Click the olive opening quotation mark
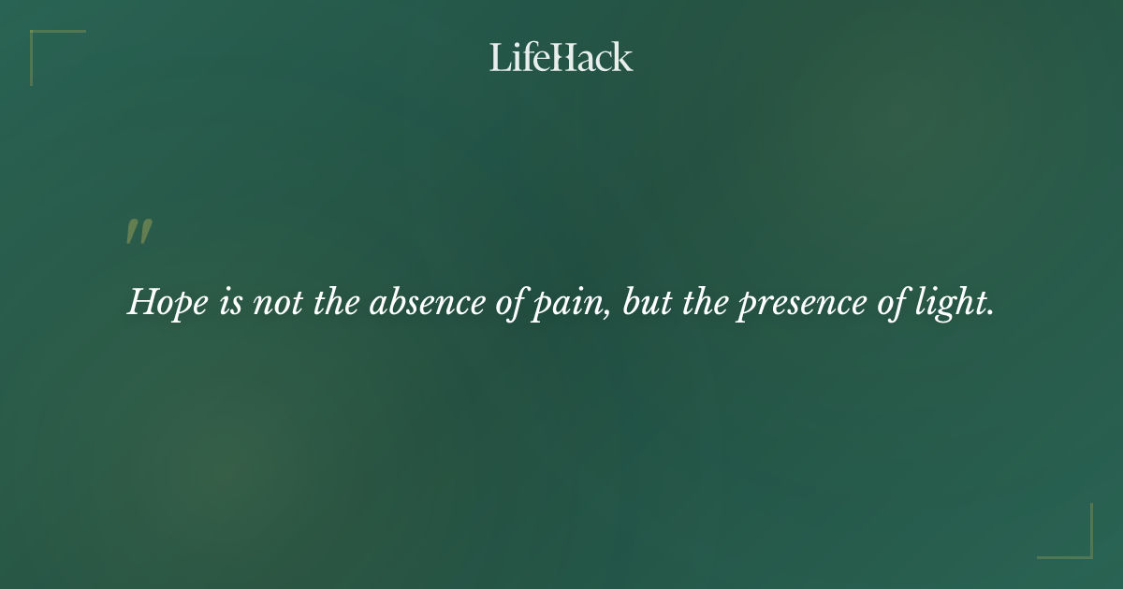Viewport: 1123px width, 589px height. point(139,233)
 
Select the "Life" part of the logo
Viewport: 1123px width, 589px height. point(519,58)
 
